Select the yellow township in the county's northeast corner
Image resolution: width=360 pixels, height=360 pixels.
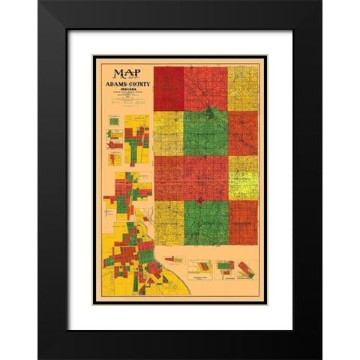tap(243, 88)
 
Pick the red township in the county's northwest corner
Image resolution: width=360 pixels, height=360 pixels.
tap(169, 88)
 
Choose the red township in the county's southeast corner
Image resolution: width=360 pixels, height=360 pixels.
tap(243, 223)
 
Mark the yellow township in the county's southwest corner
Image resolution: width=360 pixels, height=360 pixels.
tap(169, 223)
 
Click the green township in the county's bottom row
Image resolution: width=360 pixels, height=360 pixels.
tap(205, 223)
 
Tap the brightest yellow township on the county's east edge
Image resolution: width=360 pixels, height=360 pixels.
tap(243, 178)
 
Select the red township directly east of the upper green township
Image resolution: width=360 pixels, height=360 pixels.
tap(243, 133)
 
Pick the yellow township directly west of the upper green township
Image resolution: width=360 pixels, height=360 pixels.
tap(169, 133)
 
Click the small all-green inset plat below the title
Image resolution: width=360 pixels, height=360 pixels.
tap(112, 120)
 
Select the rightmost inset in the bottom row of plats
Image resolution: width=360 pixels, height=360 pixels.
tap(246, 269)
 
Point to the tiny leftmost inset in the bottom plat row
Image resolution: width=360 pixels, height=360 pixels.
tap(174, 259)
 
